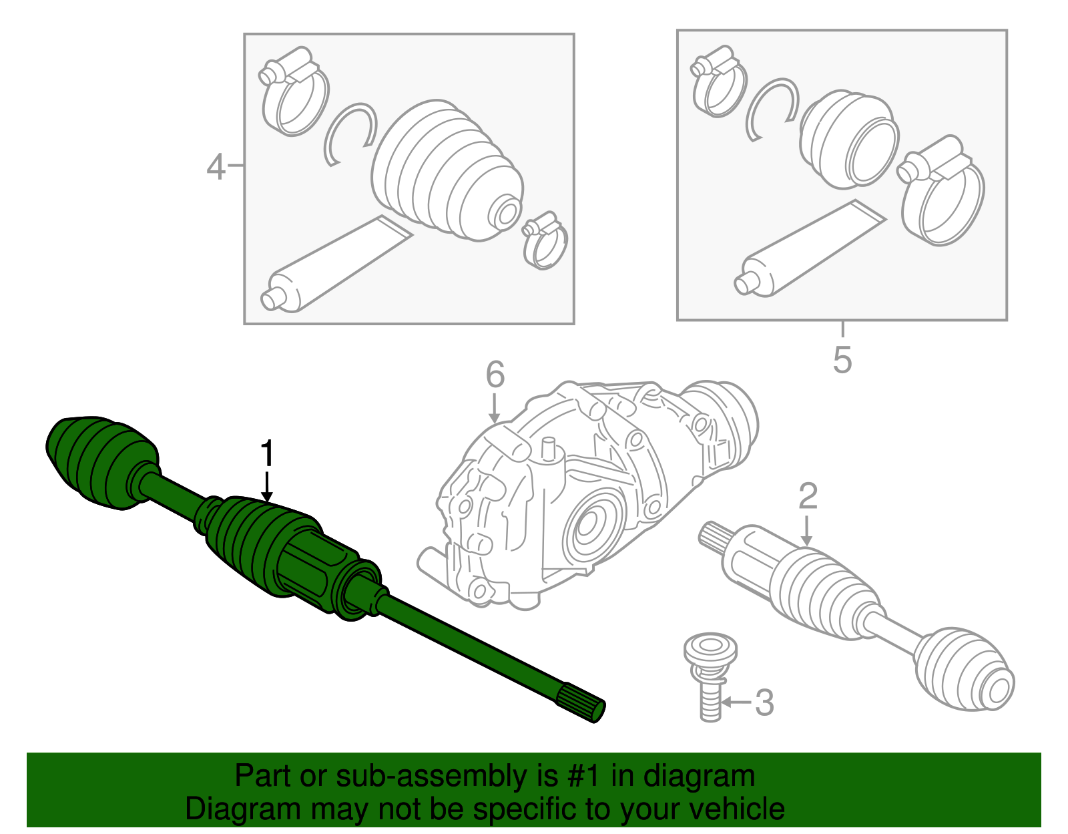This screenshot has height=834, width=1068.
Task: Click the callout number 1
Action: point(267,454)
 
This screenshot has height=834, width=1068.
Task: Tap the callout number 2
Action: point(808,497)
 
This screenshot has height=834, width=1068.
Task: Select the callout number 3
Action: point(764,702)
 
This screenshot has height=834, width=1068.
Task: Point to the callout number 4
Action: point(216,166)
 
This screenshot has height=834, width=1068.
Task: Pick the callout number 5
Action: point(842,360)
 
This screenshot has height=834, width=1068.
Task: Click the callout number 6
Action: point(495,375)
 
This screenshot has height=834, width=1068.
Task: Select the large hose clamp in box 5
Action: point(941,190)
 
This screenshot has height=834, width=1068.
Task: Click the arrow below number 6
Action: point(495,407)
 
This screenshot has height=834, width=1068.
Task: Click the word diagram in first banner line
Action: point(699,777)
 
